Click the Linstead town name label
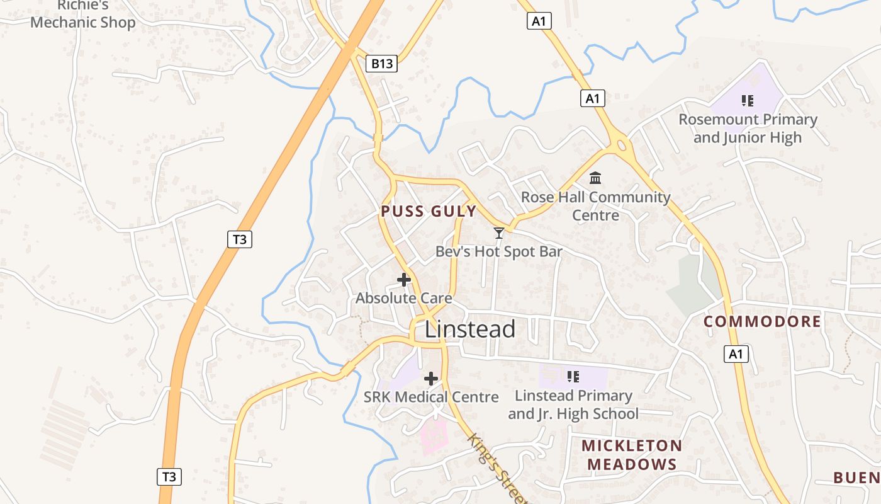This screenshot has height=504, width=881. [x=470, y=329]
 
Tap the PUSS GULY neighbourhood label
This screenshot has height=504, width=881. [x=429, y=211]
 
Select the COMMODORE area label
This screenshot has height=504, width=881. [x=762, y=321]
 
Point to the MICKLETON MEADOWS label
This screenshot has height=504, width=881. [x=631, y=455]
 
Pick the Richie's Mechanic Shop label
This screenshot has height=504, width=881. [x=83, y=15]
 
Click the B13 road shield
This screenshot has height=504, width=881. [x=381, y=63]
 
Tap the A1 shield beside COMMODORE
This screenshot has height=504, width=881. [x=736, y=354]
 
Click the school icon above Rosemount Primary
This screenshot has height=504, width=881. [x=748, y=100]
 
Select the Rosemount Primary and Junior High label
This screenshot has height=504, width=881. [x=748, y=129]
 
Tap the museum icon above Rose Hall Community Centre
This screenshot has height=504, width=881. [x=595, y=178]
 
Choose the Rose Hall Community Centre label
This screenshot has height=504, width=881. [x=596, y=206]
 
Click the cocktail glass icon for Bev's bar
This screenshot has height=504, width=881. [x=499, y=233]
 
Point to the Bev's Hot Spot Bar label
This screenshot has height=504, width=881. [x=499, y=252]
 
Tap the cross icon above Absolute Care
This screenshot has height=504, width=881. [x=404, y=280]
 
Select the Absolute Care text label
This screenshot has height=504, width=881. [x=404, y=298]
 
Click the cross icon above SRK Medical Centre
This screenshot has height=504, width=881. [x=431, y=379]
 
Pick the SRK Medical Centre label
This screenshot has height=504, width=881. [x=431, y=397]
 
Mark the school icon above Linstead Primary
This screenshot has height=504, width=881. [x=573, y=377]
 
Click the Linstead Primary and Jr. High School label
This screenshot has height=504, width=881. [x=573, y=404]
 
